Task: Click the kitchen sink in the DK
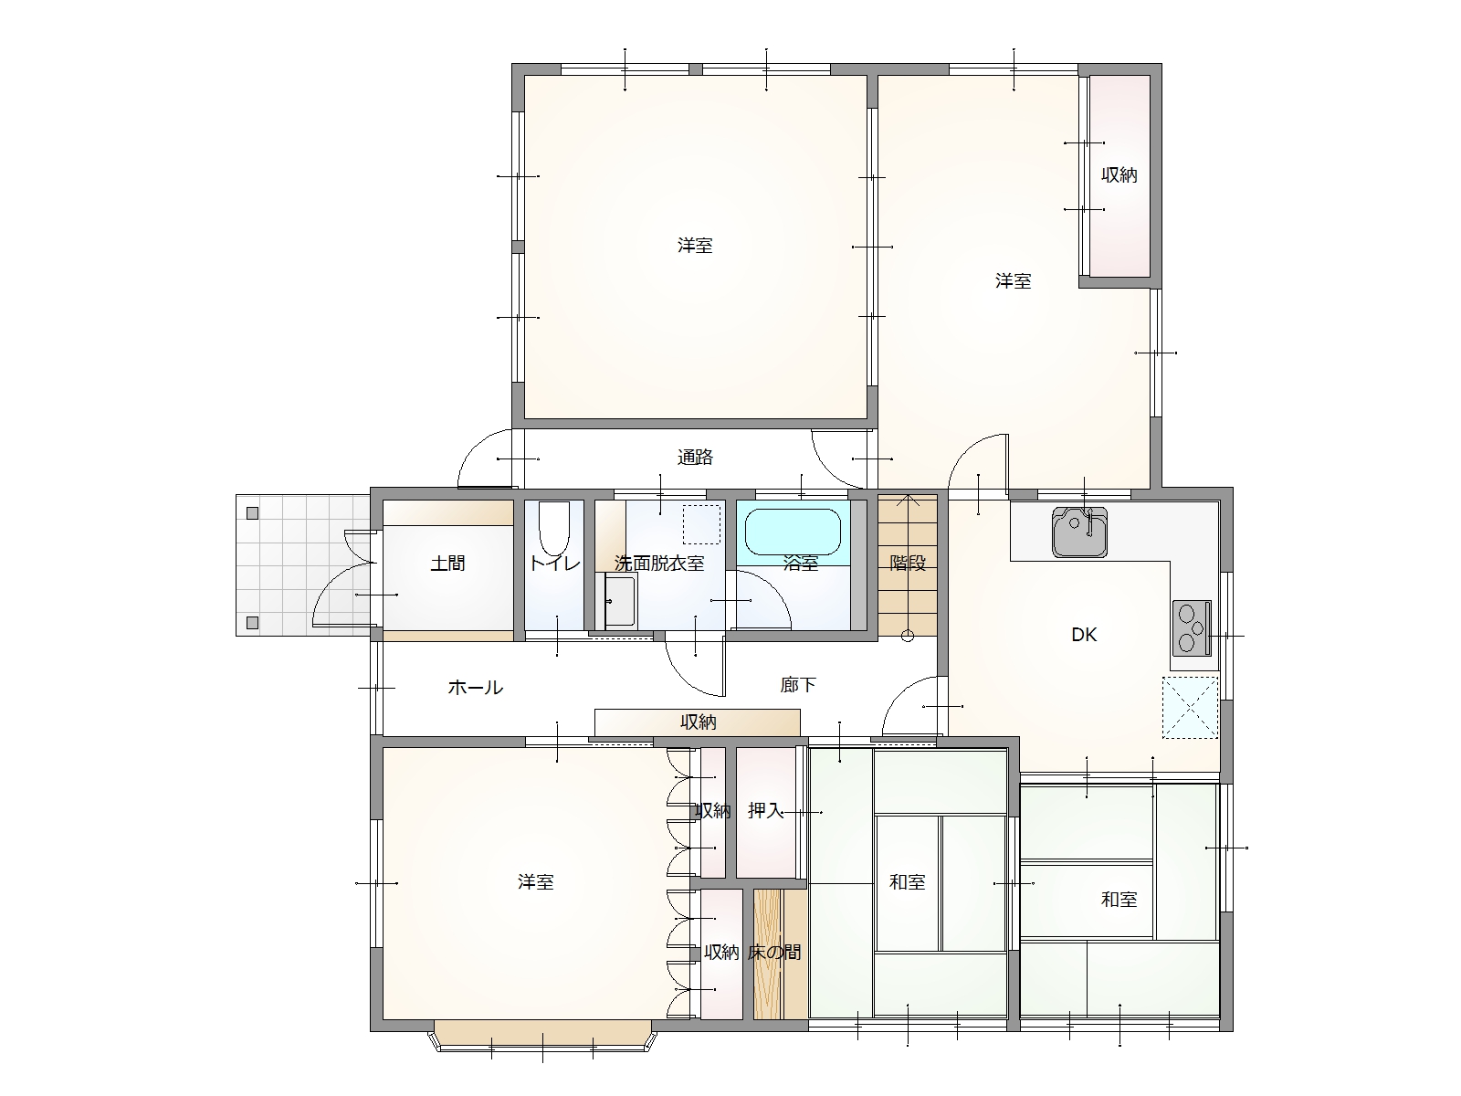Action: [1079, 532]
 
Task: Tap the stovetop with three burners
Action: [1192, 627]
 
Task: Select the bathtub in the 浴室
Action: [792, 532]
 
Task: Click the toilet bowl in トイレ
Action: [553, 529]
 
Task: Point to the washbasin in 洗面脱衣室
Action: [620, 601]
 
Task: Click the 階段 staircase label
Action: [908, 563]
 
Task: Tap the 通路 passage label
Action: [695, 458]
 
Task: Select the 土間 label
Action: [447, 564]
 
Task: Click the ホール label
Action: [475, 688]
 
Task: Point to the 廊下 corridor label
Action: [798, 685]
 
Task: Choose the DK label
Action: [1084, 635]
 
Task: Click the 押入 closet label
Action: [765, 810]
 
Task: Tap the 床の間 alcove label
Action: [774, 953]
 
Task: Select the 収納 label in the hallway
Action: [698, 722]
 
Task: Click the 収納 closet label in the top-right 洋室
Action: [1119, 175]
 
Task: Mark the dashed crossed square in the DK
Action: [1190, 707]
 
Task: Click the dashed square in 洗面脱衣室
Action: [701, 524]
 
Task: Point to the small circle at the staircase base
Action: [908, 637]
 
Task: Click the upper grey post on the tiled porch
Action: [252, 513]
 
